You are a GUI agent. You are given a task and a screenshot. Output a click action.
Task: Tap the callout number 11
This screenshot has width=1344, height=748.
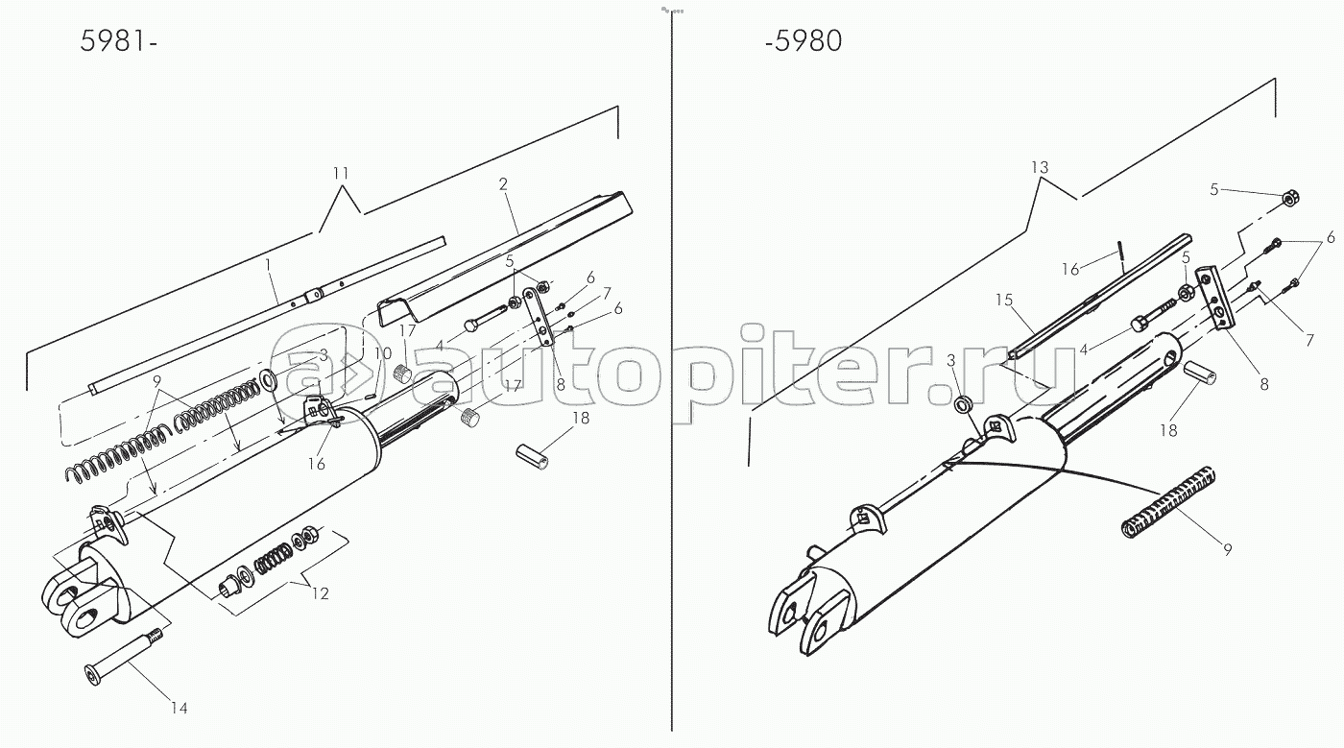point(341,174)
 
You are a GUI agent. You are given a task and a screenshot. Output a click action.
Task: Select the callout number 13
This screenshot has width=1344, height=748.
point(1041,167)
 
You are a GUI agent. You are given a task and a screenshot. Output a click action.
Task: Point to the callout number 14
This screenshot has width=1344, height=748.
point(179,709)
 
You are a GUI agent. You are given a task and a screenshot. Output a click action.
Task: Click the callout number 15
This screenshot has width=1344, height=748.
point(1003,301)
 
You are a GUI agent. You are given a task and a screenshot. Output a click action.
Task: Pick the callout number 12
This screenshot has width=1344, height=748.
point(320,594)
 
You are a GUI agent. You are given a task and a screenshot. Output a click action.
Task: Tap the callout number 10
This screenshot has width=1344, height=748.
point(383,353)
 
